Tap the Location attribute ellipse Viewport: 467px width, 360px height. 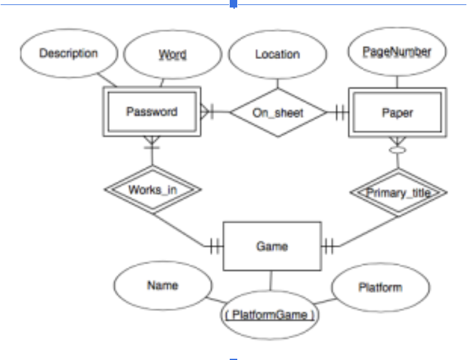[x=277, y=55]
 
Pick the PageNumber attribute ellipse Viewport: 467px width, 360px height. [x=397, y=53]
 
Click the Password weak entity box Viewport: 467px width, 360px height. [x=152, y=112]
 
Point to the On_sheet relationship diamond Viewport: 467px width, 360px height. [x=278, y=113]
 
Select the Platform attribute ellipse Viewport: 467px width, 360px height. [x=380, y=289]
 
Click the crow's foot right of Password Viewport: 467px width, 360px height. [x=207, y=112]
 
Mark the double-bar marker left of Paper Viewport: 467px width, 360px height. [x=341, y=113]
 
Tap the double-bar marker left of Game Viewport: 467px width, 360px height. [x=215, y=246]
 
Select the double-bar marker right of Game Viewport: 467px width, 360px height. [x=328, y=246]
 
